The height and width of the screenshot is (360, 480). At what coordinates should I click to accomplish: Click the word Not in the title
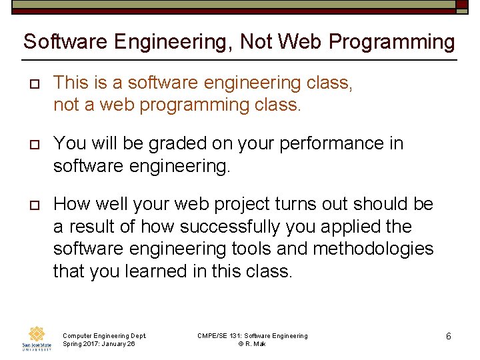257,42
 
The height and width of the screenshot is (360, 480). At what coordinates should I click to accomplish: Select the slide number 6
449,336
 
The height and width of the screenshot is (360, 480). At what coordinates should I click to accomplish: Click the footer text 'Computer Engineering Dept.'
104,335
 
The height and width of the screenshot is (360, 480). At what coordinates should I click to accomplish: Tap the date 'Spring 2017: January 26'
99,344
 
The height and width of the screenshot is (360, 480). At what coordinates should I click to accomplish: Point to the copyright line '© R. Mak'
253,344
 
